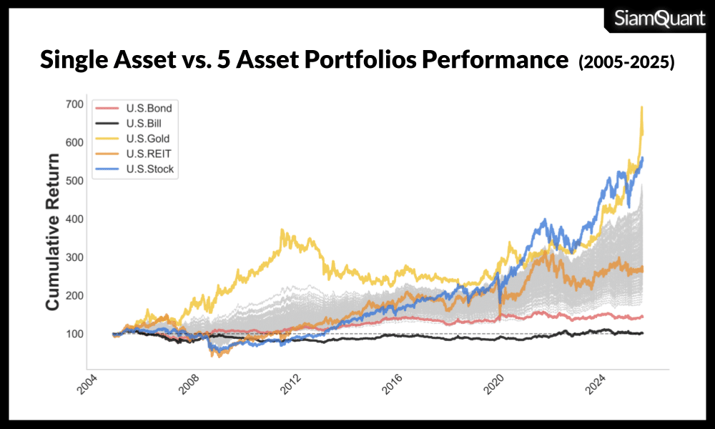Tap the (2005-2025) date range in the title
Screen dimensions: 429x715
tap(626, 62)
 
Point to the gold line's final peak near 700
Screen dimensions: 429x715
tap(641, 107)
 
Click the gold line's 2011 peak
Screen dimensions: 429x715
tap(282, 230)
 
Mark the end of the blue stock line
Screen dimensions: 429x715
tap(643, 158)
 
